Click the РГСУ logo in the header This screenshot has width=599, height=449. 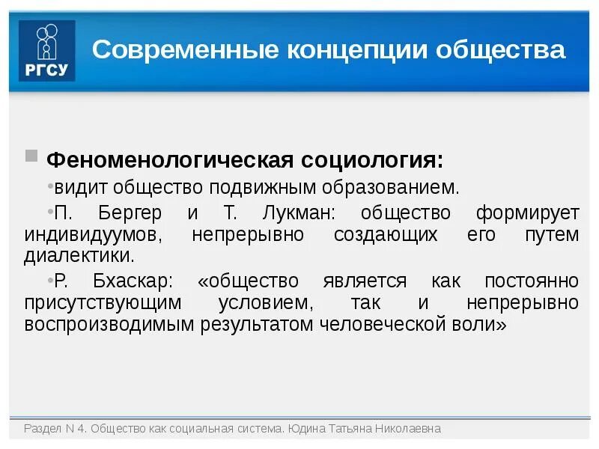coord(47,51)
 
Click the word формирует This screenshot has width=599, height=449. coord(527,213)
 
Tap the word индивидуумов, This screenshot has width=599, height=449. coord(93,234)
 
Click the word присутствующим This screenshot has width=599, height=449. coord(103,303)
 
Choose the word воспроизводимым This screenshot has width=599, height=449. coord(110,325)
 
